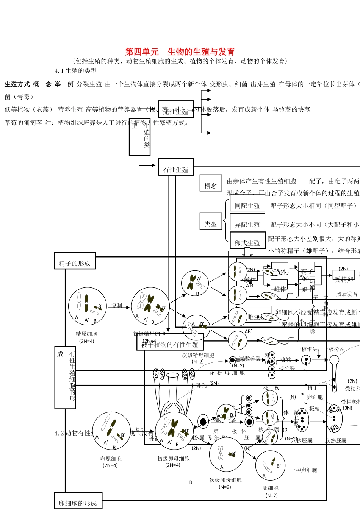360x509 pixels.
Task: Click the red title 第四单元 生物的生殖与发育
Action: tap(180, 52)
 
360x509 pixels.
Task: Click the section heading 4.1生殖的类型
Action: tap(75, 71)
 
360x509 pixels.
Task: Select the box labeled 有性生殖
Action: tap(176, 170)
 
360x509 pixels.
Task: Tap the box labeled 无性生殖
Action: tap(176, 112)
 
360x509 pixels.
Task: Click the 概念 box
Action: tap(210, 186)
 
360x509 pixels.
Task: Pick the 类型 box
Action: tap(210, 224)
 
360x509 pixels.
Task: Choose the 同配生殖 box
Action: tap(247, 206)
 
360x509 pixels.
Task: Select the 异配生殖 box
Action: tap(247, 225)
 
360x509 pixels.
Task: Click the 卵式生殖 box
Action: tap(247, 243)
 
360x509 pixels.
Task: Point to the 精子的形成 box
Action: tap(75, 263)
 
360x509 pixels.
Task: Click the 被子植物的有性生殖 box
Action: tap(170, 344)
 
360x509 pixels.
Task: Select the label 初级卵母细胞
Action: tap(174, 458)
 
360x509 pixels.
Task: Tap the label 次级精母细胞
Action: tap(198, 355)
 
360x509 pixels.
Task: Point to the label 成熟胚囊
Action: tap(336, 440)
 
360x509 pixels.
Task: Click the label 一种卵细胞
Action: tap(304, 470)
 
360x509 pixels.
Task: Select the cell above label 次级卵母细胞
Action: tap(226, 454)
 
